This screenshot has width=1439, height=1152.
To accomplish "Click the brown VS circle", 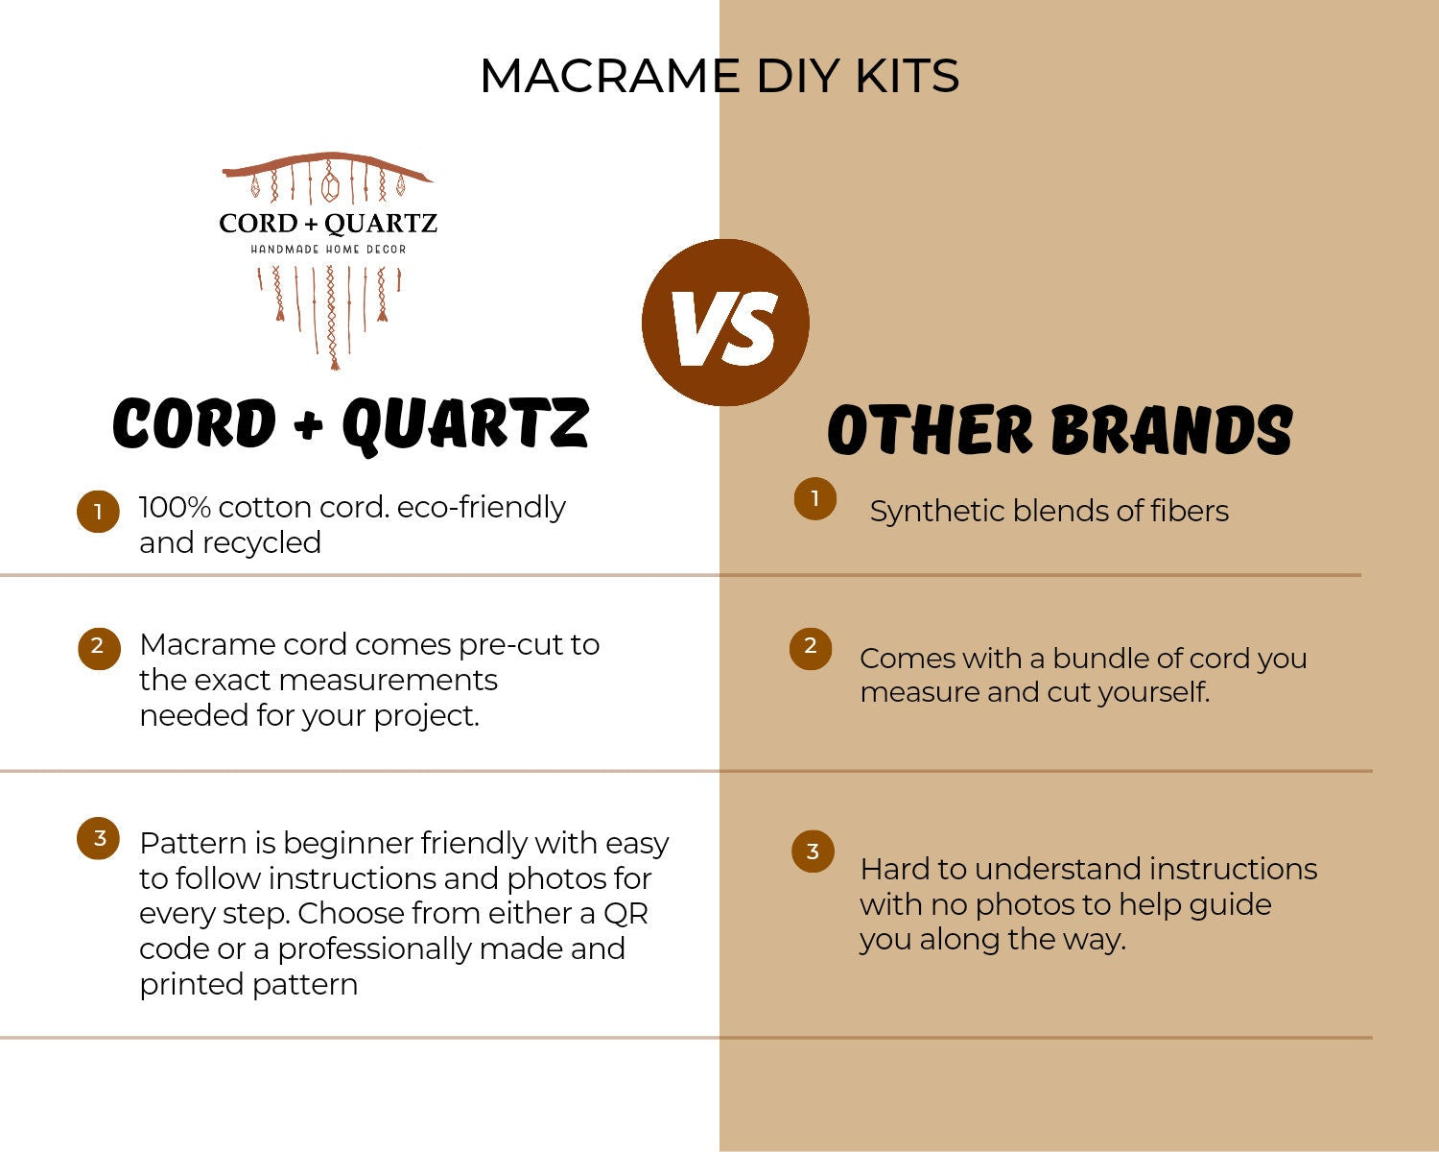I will click(725, 323).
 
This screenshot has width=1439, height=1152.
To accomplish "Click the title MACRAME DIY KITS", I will click(719, 76).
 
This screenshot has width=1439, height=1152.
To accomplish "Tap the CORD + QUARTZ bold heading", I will click(350, 423).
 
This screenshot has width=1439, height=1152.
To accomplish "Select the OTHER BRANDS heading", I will click(1059, 429).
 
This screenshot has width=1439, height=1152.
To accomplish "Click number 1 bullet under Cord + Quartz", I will click(98, 512).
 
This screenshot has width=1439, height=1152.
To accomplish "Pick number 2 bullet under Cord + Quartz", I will click(98, 648).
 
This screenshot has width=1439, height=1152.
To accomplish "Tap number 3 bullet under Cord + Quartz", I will click(98, 839).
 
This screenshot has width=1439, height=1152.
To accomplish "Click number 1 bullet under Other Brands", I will click(814, 499).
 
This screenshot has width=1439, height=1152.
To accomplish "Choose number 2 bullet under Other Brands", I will click(811, 648).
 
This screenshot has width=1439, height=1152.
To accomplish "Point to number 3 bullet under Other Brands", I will click(813, 852).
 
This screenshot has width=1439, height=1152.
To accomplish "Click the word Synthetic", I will click(936, 512).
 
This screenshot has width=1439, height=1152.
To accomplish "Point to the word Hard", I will click(894, 869).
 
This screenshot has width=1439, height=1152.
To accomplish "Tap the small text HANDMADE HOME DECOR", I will click(328, 250).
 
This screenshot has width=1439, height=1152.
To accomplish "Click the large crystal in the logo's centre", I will click(330, 185).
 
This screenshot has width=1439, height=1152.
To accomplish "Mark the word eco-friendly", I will click(481, 507).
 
